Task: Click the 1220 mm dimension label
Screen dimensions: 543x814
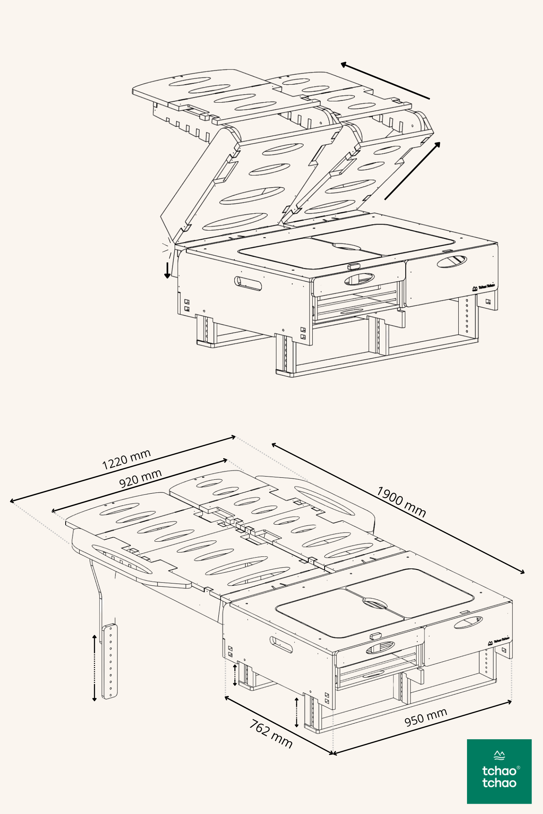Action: point(127,459)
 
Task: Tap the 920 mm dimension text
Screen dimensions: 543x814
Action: point(140,478)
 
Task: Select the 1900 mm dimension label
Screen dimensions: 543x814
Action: point(401,502)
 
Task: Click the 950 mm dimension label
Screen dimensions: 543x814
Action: point(426,717)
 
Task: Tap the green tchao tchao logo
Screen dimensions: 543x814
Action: point(499,771)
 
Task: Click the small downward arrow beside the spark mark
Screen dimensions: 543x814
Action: point(168,270)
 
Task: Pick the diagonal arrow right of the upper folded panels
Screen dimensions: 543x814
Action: point(413,171)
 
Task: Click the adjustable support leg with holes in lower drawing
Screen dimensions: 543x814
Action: point(110,661)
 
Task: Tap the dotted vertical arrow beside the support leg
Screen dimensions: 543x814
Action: point(94,668)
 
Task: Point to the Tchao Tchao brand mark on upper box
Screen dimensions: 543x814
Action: point(483,287)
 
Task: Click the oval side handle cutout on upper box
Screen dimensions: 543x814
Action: point(248,283)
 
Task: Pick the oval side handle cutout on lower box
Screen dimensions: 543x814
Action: point(281,644)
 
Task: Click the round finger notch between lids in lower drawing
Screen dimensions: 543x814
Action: point(375,603)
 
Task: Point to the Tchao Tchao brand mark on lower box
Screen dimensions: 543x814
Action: point(498,640)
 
